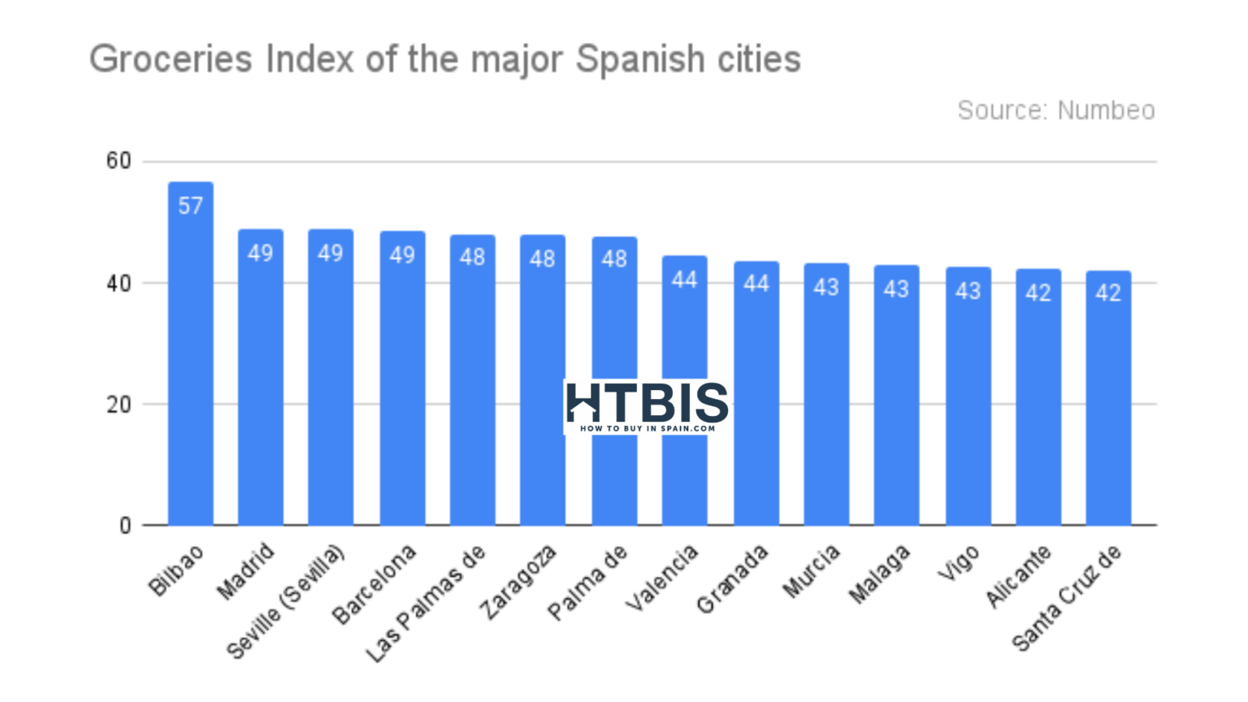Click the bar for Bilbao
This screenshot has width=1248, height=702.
click(191, 357)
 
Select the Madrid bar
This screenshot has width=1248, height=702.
click(261, 382)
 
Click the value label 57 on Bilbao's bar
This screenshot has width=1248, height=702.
click(191, 206)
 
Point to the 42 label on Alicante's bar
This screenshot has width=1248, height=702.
click(1038, 292)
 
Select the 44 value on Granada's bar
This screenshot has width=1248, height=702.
click(756, 283)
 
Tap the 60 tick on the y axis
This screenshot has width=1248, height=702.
click(119, 161)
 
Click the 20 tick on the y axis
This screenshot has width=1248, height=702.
click(119, 405)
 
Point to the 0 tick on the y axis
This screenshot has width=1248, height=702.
click(125, 526)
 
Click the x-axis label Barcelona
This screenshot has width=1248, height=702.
click(375, 585)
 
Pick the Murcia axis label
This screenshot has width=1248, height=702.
click(812, 572)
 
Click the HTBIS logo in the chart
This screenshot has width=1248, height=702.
click(647, 406)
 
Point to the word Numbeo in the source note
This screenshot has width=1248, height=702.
click(1106, 110)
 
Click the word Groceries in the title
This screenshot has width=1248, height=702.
click(171, 60)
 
